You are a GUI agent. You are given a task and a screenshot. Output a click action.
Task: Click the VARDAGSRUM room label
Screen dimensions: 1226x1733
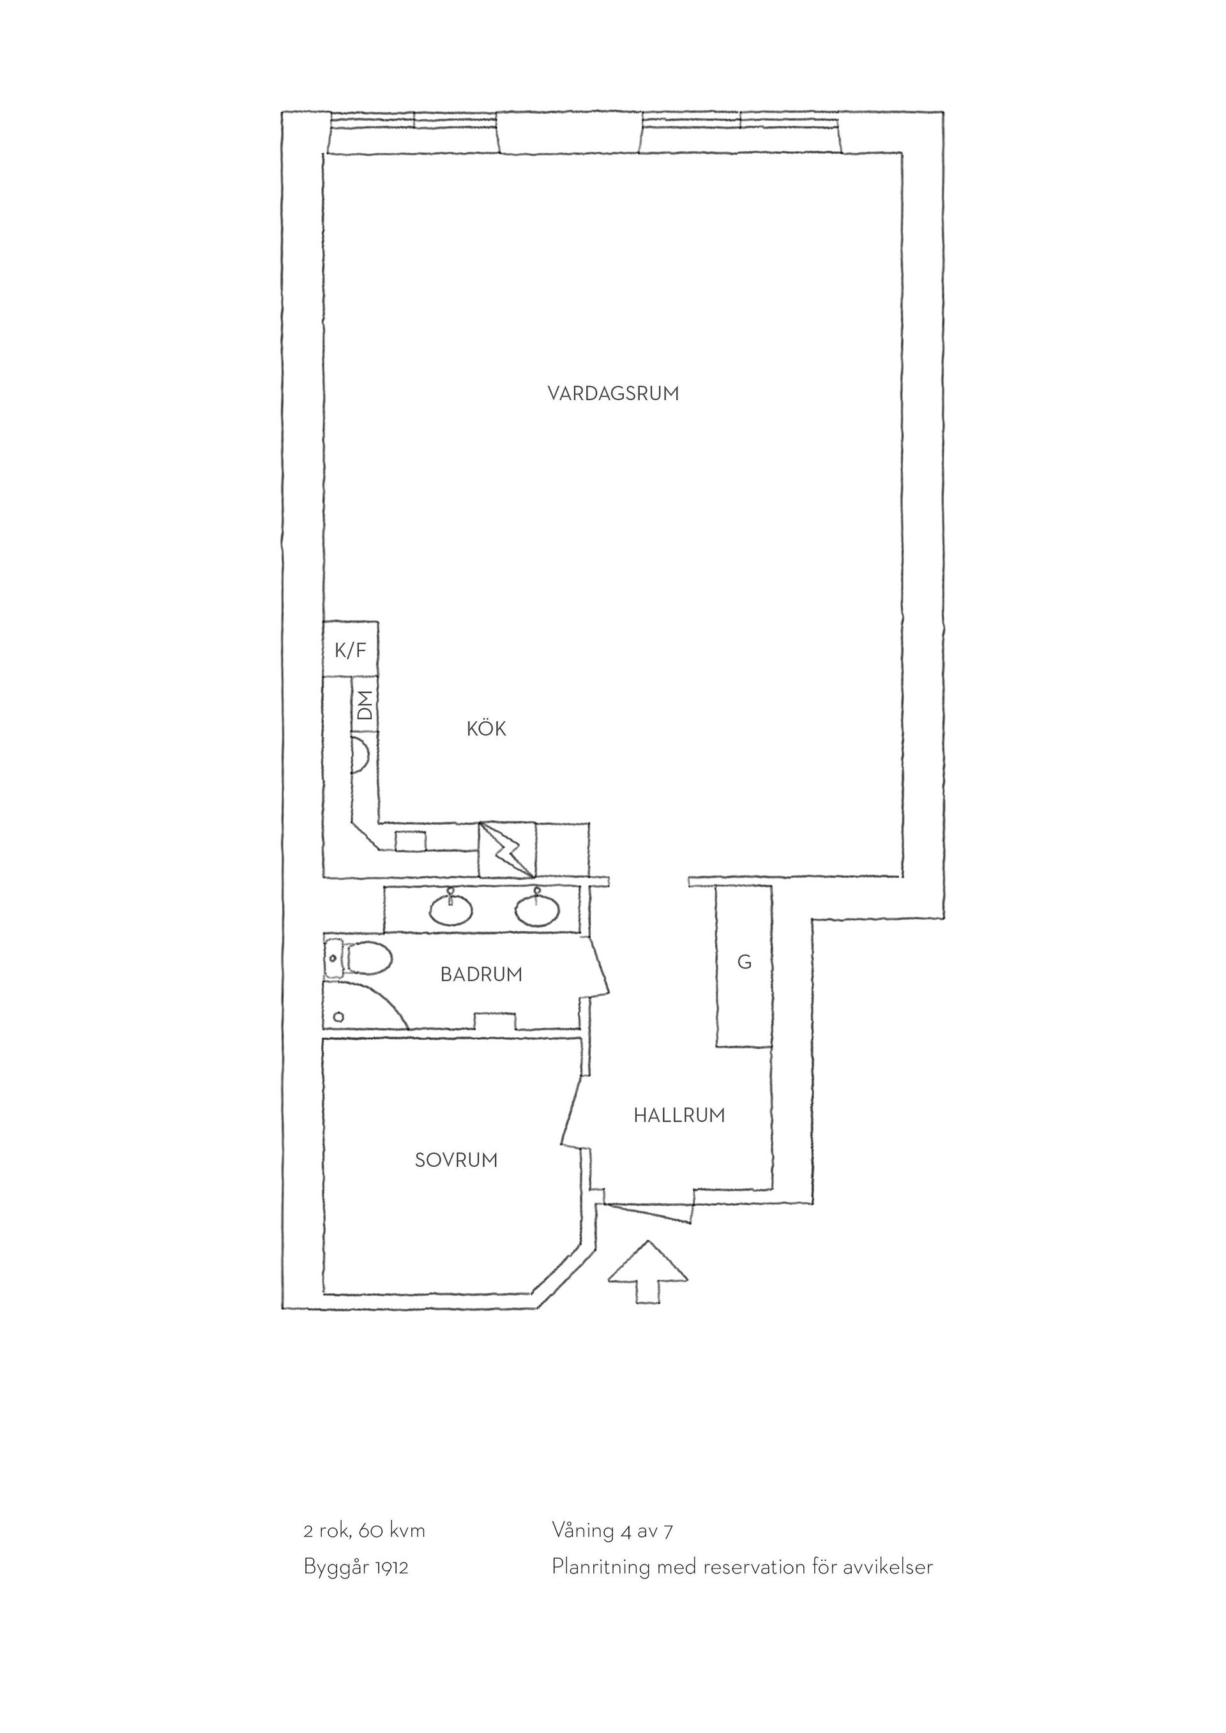click(613, 393)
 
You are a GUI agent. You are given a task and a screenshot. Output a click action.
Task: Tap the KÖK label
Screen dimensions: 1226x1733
click(486, 728)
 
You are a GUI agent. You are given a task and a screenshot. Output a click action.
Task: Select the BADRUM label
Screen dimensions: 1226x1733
click(481, 975)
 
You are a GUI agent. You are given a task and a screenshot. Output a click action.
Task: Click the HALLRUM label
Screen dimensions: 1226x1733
click(679, 1115)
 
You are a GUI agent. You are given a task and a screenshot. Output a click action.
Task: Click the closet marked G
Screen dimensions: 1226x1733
click(744, 966)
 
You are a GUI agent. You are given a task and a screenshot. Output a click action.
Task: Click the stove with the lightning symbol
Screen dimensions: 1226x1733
click(507, 850)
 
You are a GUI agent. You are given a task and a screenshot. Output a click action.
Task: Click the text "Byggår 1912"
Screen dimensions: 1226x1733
click(356, 1568)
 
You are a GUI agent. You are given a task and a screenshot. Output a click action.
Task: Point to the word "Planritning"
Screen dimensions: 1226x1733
click(601, 1568)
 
